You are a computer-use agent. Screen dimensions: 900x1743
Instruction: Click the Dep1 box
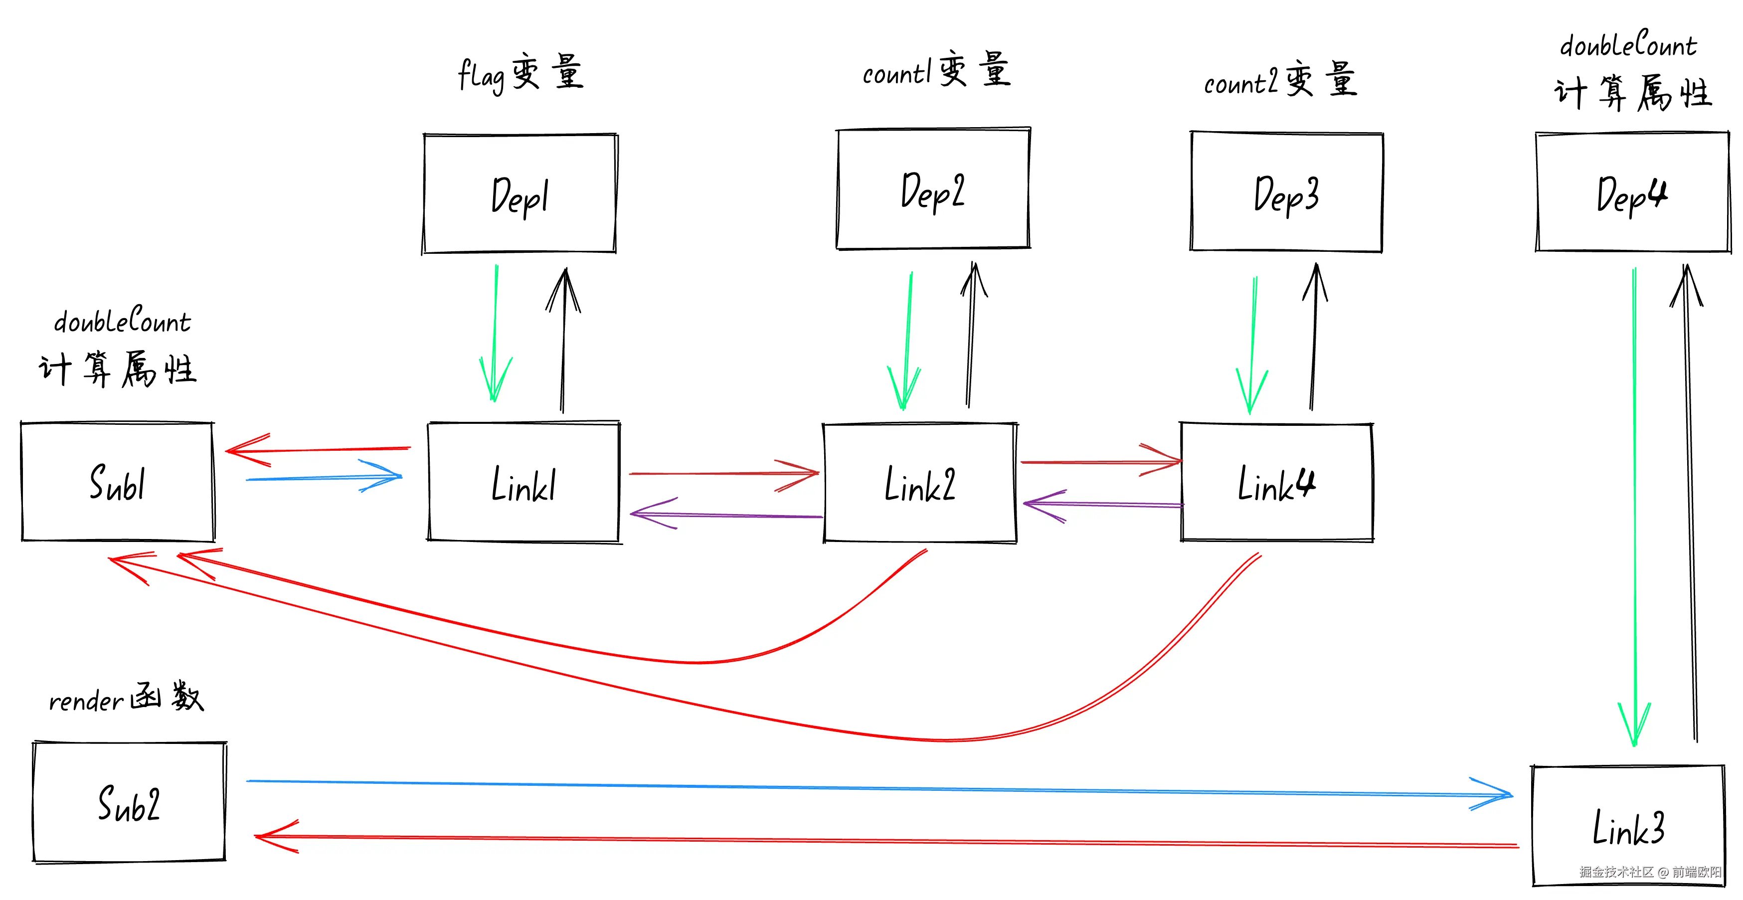(520, 194)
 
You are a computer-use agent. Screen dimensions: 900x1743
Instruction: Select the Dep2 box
(933, 189)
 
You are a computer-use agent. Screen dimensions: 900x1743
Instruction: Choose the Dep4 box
(1632, 193)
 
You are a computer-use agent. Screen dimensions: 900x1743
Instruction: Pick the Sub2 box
(129, 803)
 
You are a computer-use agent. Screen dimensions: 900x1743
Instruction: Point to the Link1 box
(523, 483)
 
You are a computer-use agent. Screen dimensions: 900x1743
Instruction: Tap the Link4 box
(1277, 483)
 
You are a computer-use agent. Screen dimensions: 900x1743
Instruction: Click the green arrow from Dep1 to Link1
(495, 332)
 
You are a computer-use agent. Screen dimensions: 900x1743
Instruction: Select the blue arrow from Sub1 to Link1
(325, 478)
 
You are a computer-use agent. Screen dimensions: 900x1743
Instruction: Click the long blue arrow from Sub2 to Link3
(879, 788)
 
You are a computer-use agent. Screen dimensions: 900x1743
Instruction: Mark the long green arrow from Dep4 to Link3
(1635, 508)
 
